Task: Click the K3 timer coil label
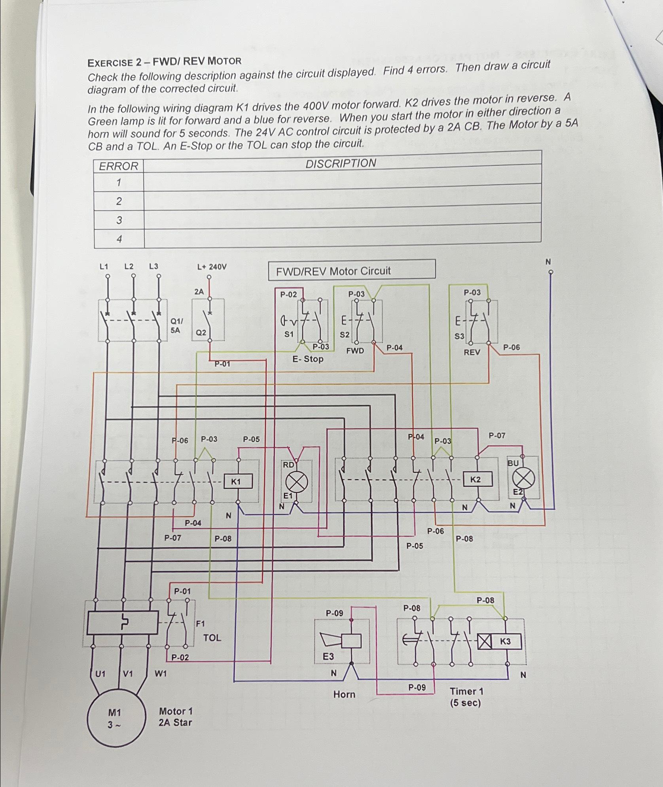pyautogui.click(x=506, y=641)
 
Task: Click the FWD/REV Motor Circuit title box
pyautogui.click(x=352, y=271)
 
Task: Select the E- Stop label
pyautogui.click(x=308, y=359)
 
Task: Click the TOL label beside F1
pyautogui.click(x=212, y=637)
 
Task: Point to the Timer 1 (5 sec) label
pyautogui.click(x=466, y=697)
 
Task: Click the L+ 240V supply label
pyautogui.click(x=212, y=267)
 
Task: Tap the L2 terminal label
pyautogui.click(x=129, y=266)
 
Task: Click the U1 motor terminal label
pyautogui.click(x=100, y=673)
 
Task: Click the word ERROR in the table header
pyautogui.click(x=119, y=166)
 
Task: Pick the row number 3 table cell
pyautogui.click(x=119, y=220)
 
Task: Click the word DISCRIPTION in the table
pyautogui.click(x=341, y=163)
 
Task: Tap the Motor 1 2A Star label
pyautogui.click(x=175, y=717)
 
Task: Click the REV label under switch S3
pyautogui.click(x=472, y=352)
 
